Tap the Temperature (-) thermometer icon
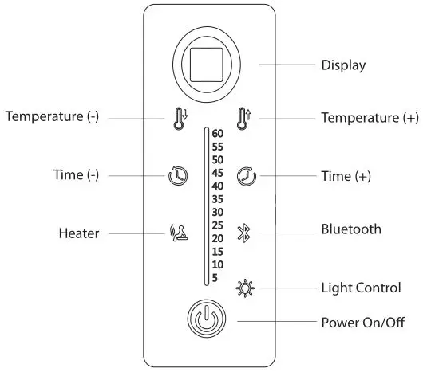click(x=178, y=119)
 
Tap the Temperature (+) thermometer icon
click(x=244, y=119)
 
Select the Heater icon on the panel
click(x=179, y=233)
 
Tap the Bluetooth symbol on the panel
click(x=244, y=232)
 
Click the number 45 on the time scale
click(x=218, y=173)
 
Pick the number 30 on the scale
click(x=218, y=212)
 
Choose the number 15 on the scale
click(x=218, y=251)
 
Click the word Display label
click(x=343, y=65)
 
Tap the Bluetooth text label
click(x=351, y=230)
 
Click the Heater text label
click(x=79, y=233)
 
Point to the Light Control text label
click(x=361, y=287)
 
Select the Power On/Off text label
click(x=364, y=323)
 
